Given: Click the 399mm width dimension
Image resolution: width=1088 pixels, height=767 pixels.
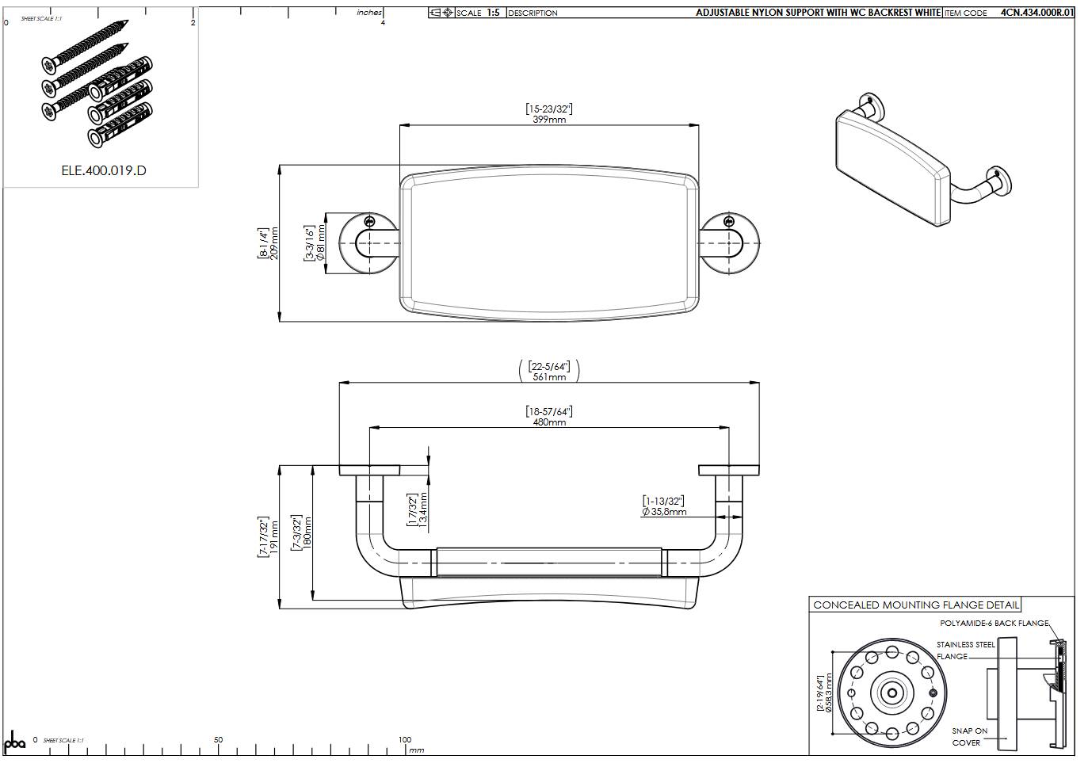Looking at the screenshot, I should (x=549, y=119).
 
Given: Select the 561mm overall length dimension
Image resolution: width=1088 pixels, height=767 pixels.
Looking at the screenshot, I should (x=549, y=377).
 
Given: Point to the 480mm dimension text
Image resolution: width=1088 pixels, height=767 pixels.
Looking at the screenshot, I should (x=549, y=422).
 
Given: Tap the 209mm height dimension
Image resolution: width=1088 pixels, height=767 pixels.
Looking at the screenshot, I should (x=274, y=243).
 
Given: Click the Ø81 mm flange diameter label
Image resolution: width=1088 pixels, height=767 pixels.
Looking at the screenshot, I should (x=321, y=243).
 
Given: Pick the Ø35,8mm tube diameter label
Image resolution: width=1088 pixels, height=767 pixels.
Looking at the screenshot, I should (x=664, y=512).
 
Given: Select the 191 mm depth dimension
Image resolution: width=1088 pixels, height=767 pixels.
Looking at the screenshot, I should (x=274, y=536).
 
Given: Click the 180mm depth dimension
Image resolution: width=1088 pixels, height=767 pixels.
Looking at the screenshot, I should (x=307, y=532).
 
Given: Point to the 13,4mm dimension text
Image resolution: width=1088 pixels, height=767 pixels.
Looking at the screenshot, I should (x=423, y=510).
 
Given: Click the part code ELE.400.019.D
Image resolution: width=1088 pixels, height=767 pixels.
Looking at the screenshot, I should (x=104, y=170).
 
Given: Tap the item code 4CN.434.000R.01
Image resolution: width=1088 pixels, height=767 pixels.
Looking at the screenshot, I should (x=1036, y=13).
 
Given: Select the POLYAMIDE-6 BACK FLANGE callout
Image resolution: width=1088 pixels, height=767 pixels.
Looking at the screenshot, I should (x=994, y=624).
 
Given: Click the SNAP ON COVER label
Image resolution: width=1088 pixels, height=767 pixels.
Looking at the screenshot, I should (x=969, y=737).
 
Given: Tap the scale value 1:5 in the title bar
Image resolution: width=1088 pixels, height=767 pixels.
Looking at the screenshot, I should (x=493, y=13).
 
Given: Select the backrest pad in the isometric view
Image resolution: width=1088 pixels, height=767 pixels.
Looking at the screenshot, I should (x=891, y=165).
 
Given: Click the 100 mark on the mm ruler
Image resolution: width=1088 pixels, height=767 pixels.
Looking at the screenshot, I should (x=405, y=739).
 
